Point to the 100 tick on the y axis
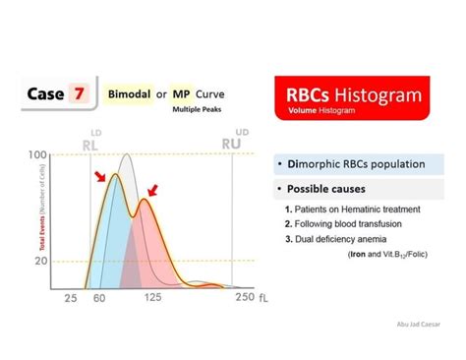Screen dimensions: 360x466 (x=38, y=155)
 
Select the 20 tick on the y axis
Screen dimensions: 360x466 (x=41, y=261)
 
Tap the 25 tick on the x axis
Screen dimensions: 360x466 (x=71, y=297)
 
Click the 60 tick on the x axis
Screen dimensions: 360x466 (x=98, y=297)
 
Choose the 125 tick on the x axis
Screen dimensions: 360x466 (x=152, y=297)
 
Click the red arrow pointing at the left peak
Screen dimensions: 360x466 (x=99, y=176)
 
